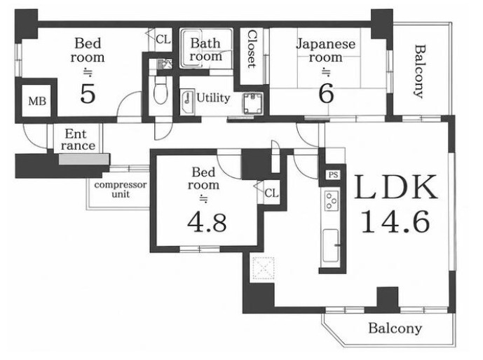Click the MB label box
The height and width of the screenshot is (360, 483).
[x=37, y=101]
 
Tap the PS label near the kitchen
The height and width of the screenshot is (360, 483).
[x=333, y=175]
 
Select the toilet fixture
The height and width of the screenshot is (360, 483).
[x=160, y=90]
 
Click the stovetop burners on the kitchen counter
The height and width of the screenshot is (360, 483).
[x=332, y=200]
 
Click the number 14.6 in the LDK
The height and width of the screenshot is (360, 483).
[x=395, y=221]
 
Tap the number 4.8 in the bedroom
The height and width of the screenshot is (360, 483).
[x=207, y=223]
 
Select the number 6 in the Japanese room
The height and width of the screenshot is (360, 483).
[x=326, y=94]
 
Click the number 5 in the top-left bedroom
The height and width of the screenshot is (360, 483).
[x=88, y=94]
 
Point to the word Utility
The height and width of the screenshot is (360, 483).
[x=213, y=98]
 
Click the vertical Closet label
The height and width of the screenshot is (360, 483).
[x=252, y=49]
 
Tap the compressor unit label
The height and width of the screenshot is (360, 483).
[x=121, y=189]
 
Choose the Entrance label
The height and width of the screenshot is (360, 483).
[x=78, y=139]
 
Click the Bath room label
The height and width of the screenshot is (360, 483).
[x=205, y=49]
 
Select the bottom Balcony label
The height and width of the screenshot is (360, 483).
[x=395, y=328]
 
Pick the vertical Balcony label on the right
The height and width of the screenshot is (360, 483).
[x=419, y=71]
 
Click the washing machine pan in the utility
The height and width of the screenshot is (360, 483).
[x=252, y=103]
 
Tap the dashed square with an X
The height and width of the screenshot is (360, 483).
[x=263, y=268]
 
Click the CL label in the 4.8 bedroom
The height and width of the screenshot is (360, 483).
[x=271, y=193]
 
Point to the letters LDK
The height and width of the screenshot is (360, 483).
[x=396, y=187]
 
